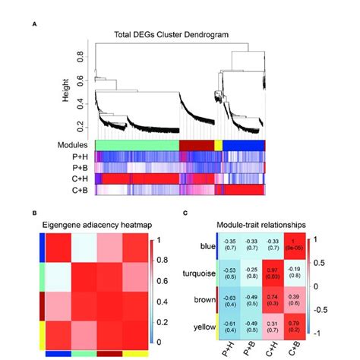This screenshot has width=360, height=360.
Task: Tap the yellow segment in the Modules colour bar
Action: (x=218, y=144)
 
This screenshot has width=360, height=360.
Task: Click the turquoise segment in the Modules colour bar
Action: (x=135, y=144)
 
